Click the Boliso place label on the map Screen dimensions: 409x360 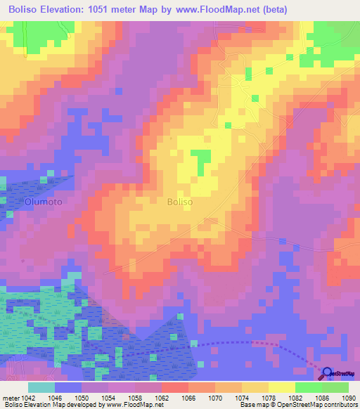(180, 202)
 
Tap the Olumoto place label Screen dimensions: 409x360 (43, 202)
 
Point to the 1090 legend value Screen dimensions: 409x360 (349, 398)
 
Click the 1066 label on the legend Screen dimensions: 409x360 (188, 398)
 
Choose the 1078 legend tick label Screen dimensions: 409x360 (269, 398)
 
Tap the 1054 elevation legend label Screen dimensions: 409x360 (108, 398)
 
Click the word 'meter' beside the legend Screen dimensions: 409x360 (9, 398)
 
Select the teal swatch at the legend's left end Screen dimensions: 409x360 (41, 387)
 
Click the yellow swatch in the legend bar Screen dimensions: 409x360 (281, 387)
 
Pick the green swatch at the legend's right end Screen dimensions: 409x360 (335, 387)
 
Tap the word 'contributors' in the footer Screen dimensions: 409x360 (339, 405)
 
